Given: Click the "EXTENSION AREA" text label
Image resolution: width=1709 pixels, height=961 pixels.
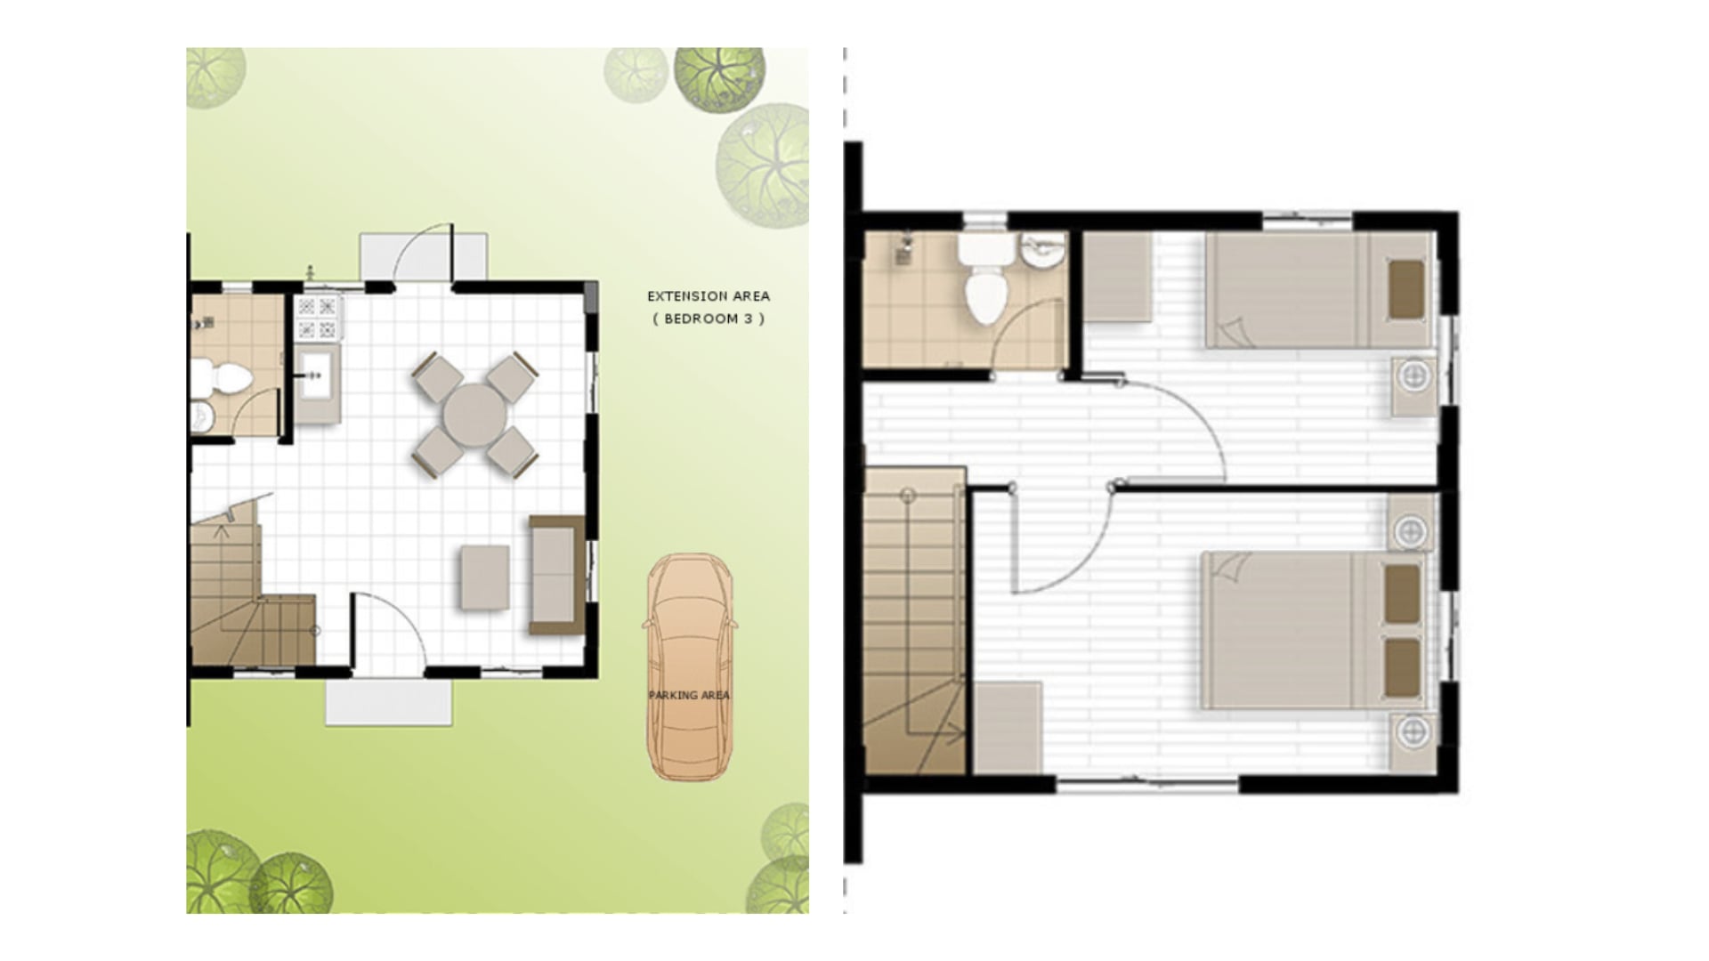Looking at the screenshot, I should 709,296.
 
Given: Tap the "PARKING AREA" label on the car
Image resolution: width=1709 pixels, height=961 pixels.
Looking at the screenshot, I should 689,695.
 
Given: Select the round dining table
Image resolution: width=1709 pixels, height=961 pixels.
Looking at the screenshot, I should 474,414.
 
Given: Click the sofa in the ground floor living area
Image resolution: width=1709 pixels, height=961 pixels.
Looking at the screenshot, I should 555,574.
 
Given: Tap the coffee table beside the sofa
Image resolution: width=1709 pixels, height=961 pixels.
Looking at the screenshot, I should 485,577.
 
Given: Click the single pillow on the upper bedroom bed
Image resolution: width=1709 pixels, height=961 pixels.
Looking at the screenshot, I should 1405,288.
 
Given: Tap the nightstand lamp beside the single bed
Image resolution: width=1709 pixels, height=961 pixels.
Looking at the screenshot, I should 1413,376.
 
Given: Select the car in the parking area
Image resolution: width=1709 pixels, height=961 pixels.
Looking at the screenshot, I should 689,667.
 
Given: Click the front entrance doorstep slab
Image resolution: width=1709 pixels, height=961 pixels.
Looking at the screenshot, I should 389,703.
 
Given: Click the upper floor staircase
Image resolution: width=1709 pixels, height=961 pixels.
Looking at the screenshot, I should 914,623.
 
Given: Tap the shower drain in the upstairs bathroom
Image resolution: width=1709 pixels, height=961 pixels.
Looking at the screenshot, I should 903,255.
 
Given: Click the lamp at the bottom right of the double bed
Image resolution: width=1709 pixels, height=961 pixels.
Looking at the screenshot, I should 1413,732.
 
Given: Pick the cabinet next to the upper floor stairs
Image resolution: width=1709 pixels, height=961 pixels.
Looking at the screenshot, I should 1008,727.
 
